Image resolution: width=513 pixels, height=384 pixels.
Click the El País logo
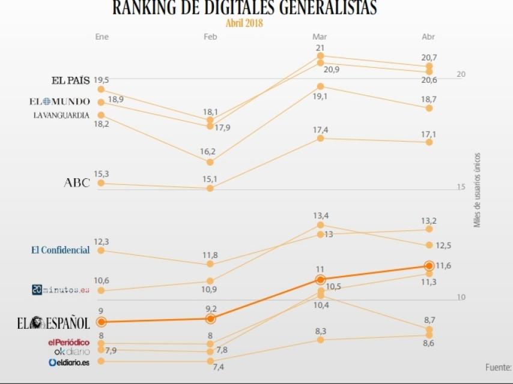[x=70, y=80]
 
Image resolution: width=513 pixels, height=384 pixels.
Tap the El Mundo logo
[x=59, y=101]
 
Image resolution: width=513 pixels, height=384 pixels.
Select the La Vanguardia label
[x=61, y=115]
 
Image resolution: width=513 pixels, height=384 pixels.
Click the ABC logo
[x=77, y=183]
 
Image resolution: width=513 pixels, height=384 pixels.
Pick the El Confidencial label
[x=60, y=250]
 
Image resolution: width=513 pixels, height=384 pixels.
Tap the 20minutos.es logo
[x=60, y=290]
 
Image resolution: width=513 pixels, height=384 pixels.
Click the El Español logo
[x=53, y=323]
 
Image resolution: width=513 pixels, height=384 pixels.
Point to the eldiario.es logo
[x=69, y=362]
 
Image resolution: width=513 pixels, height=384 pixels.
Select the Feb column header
[x=210, y=37]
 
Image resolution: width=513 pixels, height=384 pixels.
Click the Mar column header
[x=320, y=37]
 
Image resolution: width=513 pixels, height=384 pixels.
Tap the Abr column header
[x=428, y=37]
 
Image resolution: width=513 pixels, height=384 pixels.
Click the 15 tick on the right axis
[x=461, y=187]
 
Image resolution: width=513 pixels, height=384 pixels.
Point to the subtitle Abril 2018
[x=244, y=23]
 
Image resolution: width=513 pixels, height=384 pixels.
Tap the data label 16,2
[x=209, y=152]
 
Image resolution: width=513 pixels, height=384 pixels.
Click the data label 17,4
[x=320, y=130]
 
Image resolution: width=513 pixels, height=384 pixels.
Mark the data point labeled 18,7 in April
[x=429, y=108]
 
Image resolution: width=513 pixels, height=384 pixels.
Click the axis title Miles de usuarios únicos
[x=478, y=189]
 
